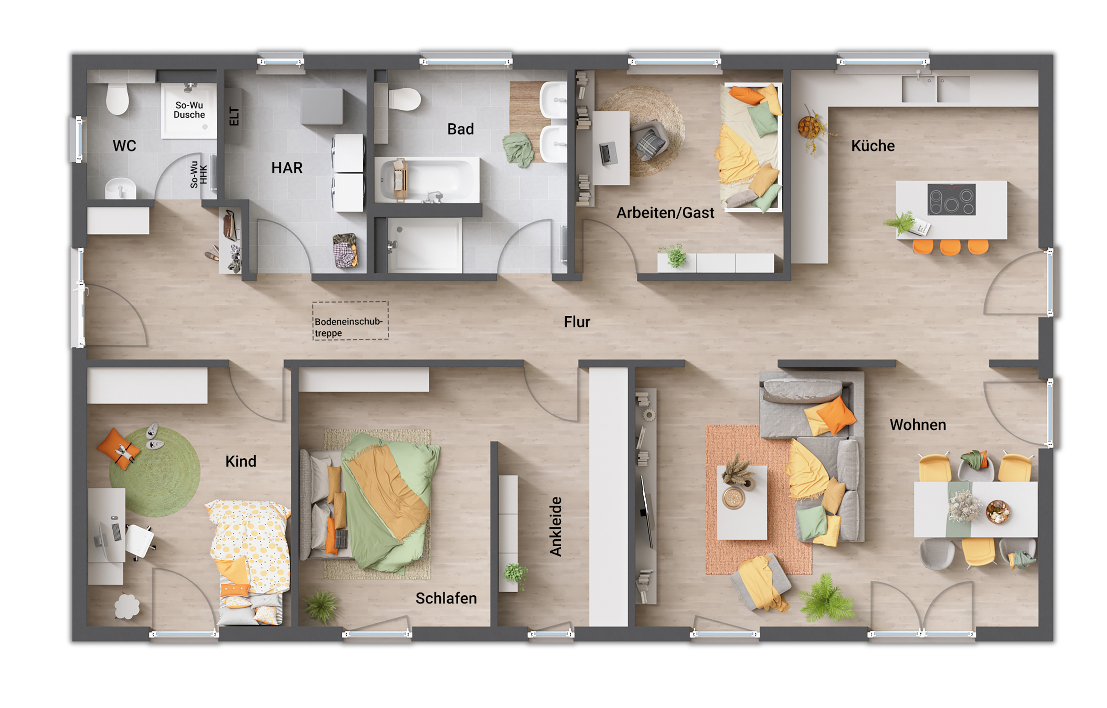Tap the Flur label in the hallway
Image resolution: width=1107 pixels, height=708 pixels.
[577, 322]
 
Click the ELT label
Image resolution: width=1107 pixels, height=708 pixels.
[234, 116]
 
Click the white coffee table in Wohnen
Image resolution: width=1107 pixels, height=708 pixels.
[742, 502]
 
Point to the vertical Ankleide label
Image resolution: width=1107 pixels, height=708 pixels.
[556, 526]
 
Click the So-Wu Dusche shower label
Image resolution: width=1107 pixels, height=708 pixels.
[189, 110]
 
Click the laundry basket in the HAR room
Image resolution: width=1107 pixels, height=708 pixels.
[345, 251]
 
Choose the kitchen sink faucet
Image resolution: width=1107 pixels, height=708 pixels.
[918, 75]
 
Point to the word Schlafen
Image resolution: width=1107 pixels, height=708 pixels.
[446, 598]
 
